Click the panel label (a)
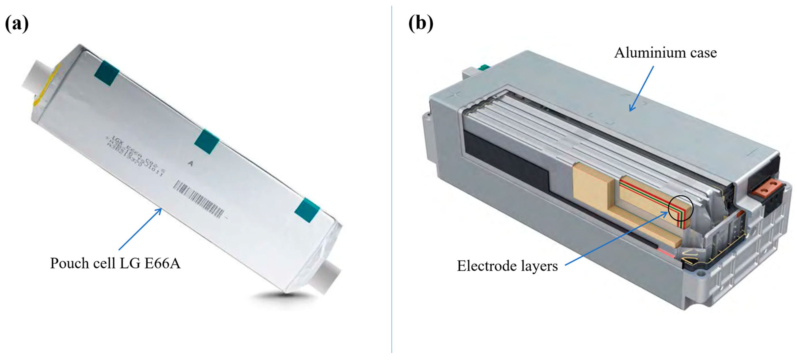click(x=17, y=23)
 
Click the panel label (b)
click(x=421, y=23)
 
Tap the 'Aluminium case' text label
click(x=665, y=53)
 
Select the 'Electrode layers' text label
click(x=507, y=266)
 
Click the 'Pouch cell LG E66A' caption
click(x=115, y=263)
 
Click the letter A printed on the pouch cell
click(x=190, y=163)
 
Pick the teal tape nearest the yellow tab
click(x=107, y=73)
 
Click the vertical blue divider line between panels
click(x=392, y=180)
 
